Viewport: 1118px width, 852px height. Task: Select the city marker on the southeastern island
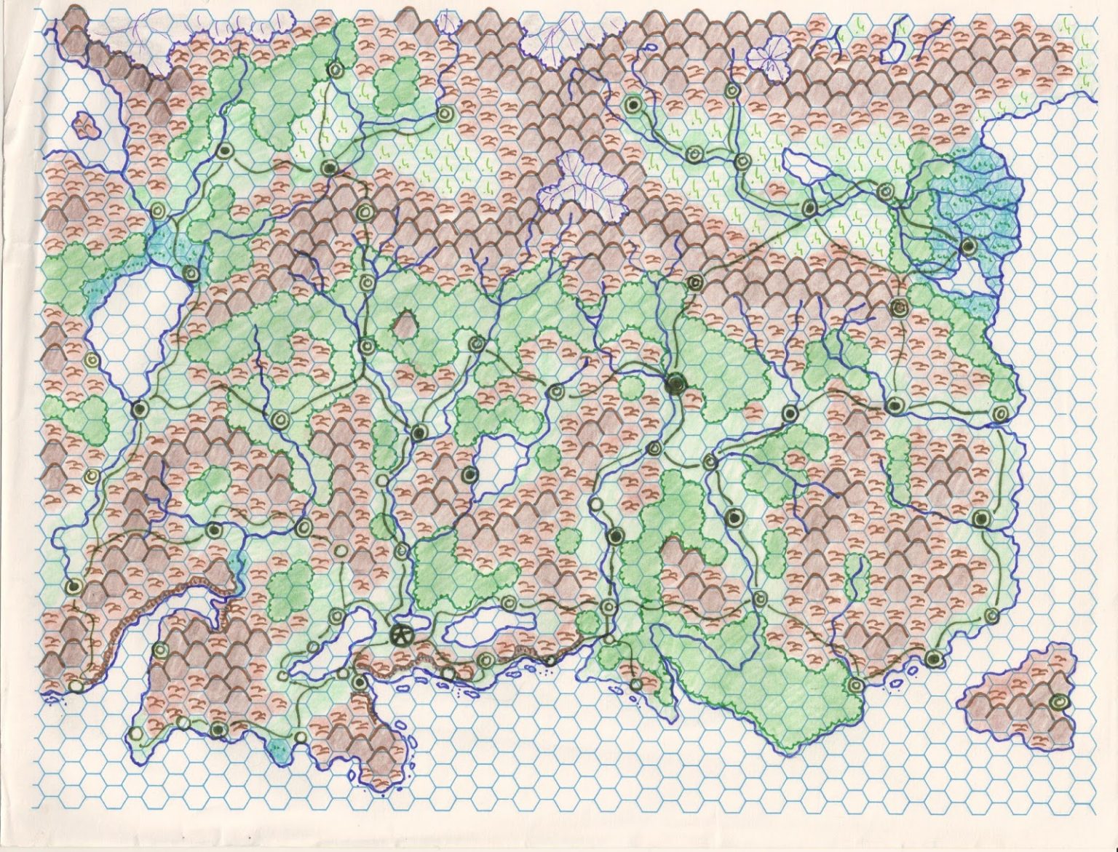tap(1060, 701)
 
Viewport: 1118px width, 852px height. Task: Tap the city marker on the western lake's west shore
tap(92, 359)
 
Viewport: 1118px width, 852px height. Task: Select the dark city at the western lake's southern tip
tap(138, 409)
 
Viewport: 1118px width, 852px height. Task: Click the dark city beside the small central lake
tap(470, 476)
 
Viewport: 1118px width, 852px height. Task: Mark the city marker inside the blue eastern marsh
tap(967, 247)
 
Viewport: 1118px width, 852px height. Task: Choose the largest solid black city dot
tap(675, 383)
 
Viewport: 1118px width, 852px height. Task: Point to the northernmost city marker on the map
tap(336, 70)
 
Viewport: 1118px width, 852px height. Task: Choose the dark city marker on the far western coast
tap(73, 586)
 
